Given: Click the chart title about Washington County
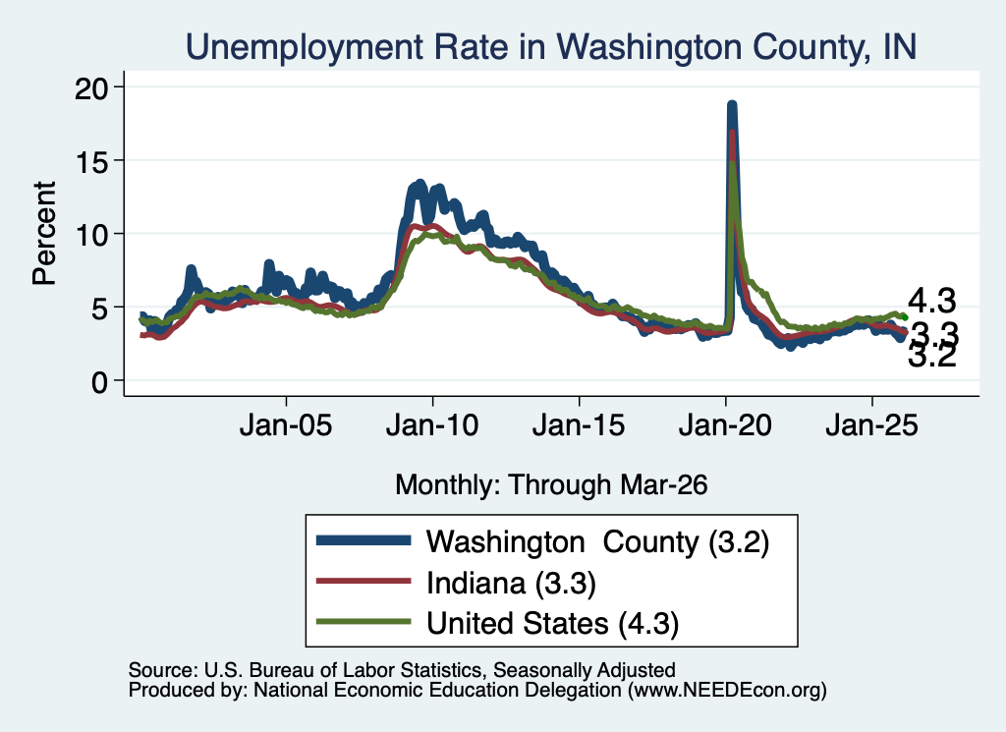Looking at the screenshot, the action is click(x=550, y=47).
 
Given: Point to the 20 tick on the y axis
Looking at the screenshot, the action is click(x=90, y=87).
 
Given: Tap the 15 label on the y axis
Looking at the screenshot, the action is click(x=90, y=161).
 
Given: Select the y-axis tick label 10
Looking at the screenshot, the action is click(x=90, y=235).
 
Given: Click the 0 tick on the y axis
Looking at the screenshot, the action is click(x=99, y=382).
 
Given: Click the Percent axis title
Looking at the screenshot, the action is click(x=44, y=233).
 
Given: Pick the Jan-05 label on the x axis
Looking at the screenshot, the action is click(x=286, y=424).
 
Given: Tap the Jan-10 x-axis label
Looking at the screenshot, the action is click(x=432, y=424).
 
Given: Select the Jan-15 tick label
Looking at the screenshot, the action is click(x=579, y=424).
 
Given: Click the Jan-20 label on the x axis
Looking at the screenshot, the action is click(x=725, y=424).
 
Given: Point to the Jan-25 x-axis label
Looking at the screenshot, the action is click(x=872, y=424).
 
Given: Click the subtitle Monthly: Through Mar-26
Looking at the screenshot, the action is click(x=551, y=485).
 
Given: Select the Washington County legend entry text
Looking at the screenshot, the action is click(x=597, y=542).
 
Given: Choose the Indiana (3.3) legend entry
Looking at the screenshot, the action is click(x=511, y=584).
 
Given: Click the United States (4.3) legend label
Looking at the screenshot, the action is click(x=552, y=624).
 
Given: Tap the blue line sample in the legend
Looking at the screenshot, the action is click(x=363, y=540).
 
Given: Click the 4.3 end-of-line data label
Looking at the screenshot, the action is click(x=932, y=301).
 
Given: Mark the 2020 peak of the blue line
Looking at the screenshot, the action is click(x=731, y=104).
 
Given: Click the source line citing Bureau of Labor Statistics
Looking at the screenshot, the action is click(x=402, y=670).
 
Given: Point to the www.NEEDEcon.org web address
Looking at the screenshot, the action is click(x=726, y=691).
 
